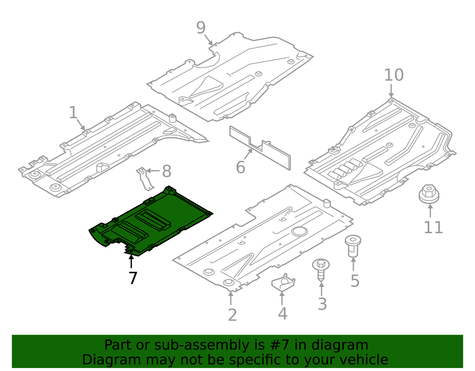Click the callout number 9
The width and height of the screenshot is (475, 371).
click(201, 28)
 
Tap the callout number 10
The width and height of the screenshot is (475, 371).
click(394, 75)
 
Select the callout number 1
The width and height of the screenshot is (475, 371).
click(73, 113)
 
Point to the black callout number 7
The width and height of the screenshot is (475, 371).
click(133, 278)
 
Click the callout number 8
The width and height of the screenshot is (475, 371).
click(167, 171)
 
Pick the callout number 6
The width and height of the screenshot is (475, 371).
click(240, 168)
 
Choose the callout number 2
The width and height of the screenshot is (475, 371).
click(232, 315)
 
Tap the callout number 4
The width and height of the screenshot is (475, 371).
click(282, 313)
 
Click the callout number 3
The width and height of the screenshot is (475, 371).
click(322, 304)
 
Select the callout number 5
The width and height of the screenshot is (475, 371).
click(355, 281)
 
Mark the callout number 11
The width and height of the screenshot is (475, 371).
click(433, 228)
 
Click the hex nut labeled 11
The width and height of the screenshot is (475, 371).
click(429, 194)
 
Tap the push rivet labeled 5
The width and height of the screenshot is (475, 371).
click(353, 246)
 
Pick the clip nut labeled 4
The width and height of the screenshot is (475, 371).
click(283, 282)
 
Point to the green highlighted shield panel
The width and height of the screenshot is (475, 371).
click(151, 221)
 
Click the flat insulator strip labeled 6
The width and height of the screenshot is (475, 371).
click(260, 148)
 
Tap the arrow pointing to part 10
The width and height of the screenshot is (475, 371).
click(391, 91)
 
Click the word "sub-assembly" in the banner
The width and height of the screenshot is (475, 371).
click(202, 345)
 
